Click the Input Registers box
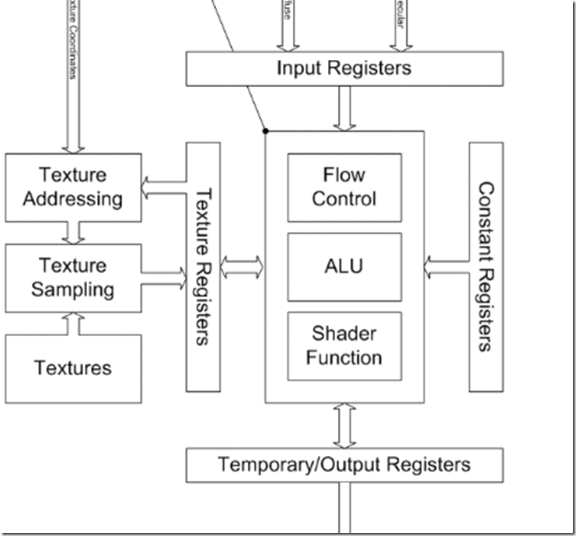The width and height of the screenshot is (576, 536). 344,68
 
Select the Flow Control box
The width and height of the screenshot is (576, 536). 344,187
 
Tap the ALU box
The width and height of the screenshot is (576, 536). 344,267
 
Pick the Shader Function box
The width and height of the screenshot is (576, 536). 344,346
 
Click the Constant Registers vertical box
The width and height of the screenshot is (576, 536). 486,267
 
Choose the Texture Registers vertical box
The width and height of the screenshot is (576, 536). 203,267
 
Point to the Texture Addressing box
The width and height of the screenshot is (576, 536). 73,187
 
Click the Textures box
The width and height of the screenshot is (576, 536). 73,368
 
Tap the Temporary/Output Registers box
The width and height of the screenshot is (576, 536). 344,465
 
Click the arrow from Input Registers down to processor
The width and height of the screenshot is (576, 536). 344,108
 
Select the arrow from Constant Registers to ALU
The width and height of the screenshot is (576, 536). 446,267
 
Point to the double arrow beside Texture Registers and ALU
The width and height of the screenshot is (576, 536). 242,267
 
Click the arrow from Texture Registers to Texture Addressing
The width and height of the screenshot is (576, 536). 163,187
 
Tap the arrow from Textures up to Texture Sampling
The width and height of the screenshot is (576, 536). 74,324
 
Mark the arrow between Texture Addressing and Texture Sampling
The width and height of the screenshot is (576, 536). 74,232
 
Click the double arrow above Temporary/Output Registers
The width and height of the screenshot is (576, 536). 344,426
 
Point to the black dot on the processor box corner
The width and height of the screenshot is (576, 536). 266,131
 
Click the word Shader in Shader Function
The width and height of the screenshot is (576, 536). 344,335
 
